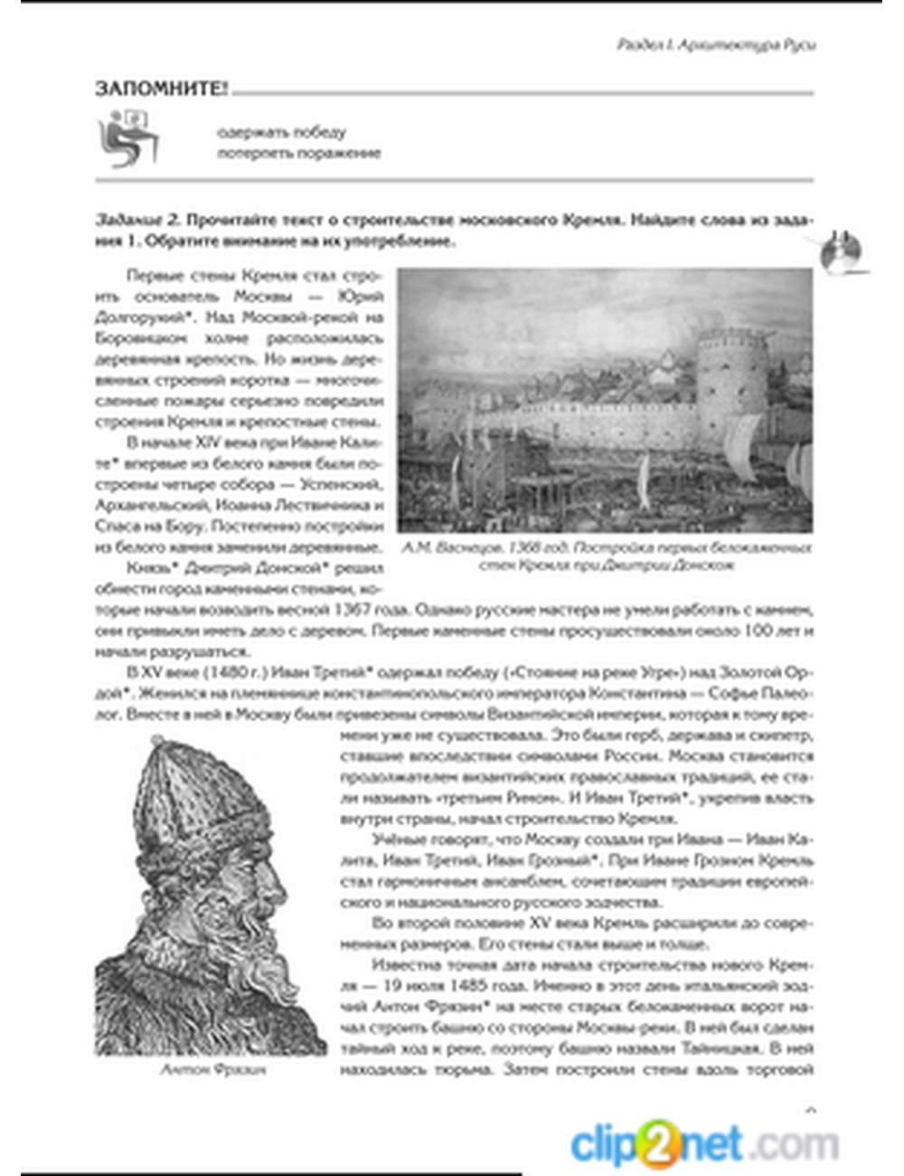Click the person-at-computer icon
tap(129, 138)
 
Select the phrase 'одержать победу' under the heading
tap(281, 132)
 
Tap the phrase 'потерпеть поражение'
tap(298, 153)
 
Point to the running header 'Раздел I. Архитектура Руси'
tap(716, 44)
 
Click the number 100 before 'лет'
tap(758, 631)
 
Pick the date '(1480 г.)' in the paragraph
tap(211, 672)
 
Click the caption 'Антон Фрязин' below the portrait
tap(212, 1069)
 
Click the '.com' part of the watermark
tap(792, 1144)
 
